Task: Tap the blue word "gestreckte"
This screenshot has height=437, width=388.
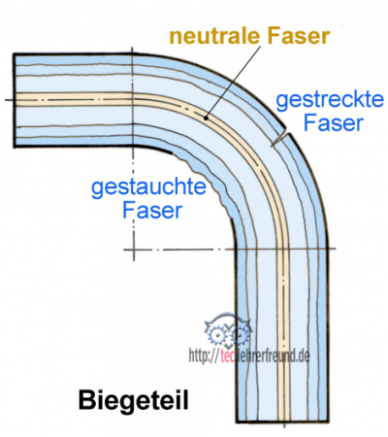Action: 321,99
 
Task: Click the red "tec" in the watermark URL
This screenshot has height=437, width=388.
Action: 229,356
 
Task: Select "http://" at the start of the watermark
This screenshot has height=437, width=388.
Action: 202,356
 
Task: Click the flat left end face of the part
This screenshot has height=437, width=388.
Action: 14,99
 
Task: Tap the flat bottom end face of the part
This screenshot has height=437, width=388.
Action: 283,424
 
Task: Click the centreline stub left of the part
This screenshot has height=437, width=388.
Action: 7,99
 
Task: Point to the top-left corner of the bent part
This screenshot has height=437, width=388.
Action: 14,53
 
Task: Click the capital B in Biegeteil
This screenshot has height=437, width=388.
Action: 84,398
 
